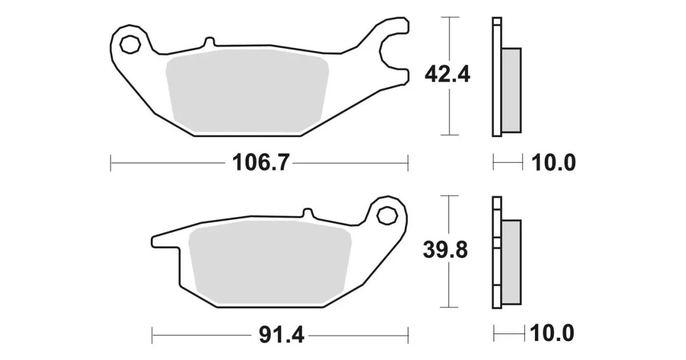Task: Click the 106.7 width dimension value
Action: [260, 163]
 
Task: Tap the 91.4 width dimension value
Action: [281, 335]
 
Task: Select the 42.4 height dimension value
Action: [447, 75]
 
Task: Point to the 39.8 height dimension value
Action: [445, 250]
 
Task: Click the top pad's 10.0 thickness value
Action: [553, 163]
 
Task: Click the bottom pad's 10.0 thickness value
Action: [552, 333]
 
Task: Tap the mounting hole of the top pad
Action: [130, 45]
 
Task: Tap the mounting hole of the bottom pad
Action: [387, 215]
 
